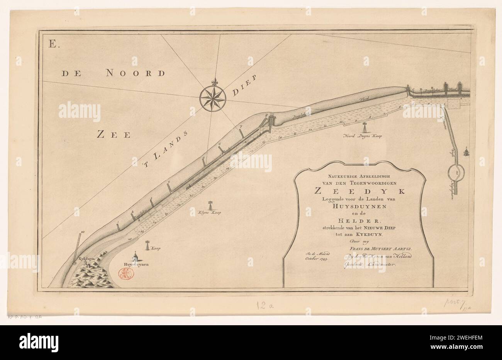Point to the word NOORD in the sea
[x=131, y=73]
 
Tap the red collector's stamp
[x=126, y=274]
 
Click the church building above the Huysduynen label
[x=135, y=256]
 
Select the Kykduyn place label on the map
[x=86, y=258]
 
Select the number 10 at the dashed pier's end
[x=83, y=232]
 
